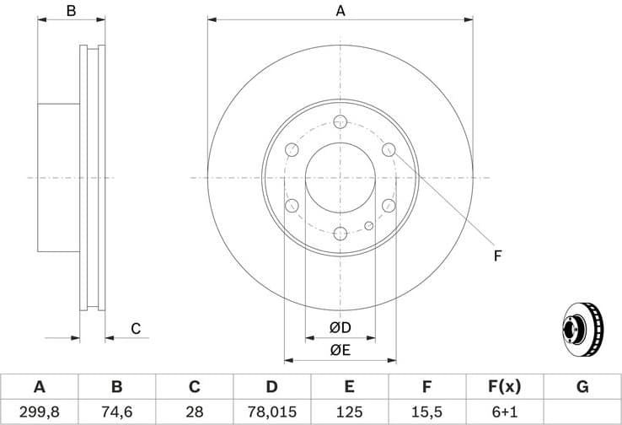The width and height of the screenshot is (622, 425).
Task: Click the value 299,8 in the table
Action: click(x=39, y=412)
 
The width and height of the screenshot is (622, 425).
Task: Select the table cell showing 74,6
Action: click(x=116, y=412)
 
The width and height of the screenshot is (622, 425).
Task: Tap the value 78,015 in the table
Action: click(x=271, y=412)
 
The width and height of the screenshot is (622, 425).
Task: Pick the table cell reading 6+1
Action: click(x=505, y=412)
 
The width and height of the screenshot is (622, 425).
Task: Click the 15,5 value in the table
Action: click(x=427, y=412)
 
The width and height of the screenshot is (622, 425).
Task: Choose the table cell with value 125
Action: click(x=349, y=412)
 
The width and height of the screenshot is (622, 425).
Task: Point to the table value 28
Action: click(x=194, y=412)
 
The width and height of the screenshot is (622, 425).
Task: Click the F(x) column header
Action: click(x=505, y=387)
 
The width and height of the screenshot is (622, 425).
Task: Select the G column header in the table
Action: click(x=582, y=387)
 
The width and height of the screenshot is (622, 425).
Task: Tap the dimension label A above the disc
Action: click(x=340, y=11)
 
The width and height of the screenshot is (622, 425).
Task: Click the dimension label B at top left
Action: click(x=72, y=11)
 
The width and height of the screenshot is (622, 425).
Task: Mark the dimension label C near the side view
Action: click(x=135, y=329)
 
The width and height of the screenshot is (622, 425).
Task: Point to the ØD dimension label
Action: click(x=340, y=327)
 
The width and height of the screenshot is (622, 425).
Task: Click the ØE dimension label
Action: click(x=340, y=349)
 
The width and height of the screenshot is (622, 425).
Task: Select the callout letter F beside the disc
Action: click(x=498, y=255)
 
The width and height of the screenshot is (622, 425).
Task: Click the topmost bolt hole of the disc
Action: click(x=340, y=121)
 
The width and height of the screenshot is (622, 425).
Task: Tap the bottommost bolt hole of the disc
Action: click(x=340, y=234)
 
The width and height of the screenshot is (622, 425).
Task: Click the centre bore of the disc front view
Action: click(x=340, y=177)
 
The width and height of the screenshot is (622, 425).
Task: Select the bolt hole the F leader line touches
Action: click(x=389, y=149)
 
